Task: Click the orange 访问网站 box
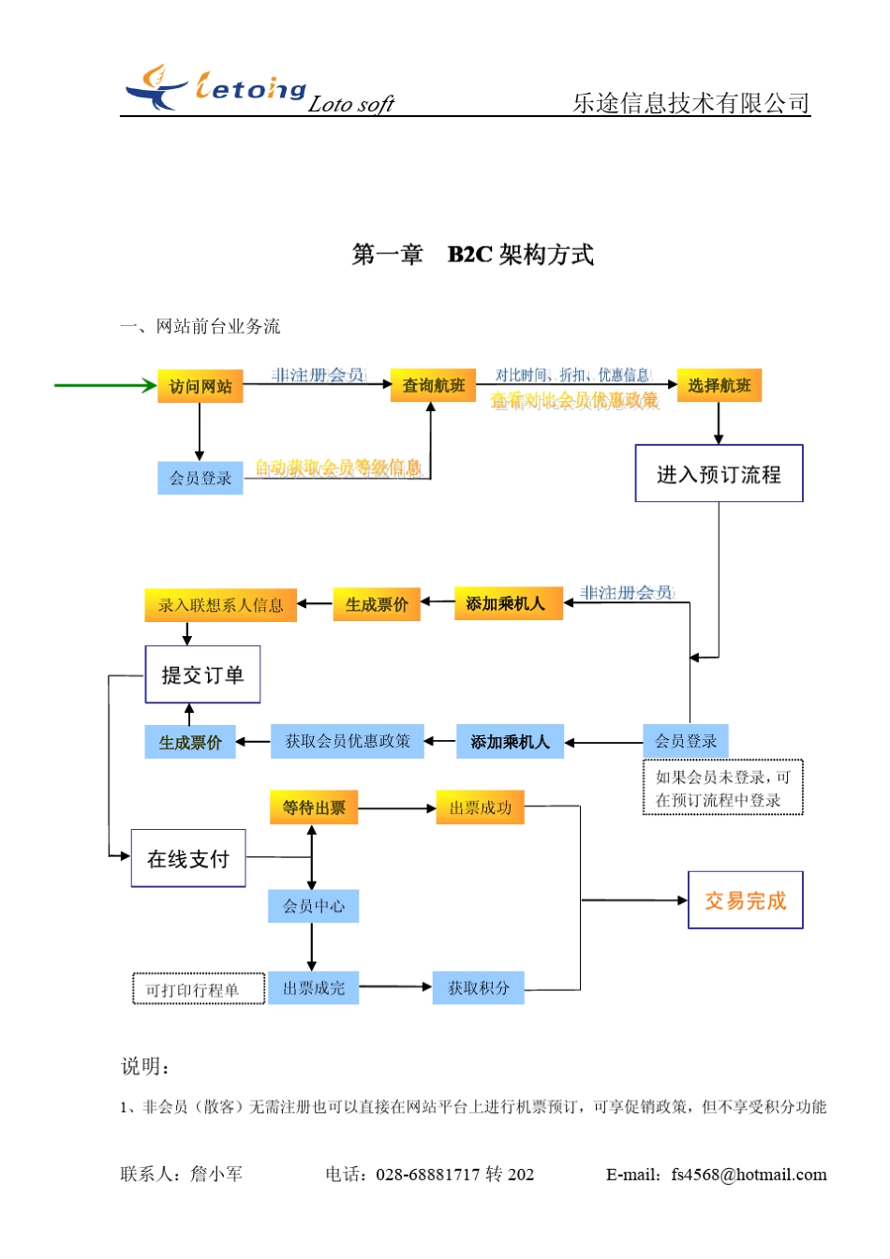click(x=200, y=386)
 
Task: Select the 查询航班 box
click(x=433, y=385)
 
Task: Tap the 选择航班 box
click(x=719, y=385)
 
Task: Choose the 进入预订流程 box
click(x=719, y=474)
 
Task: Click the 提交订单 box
click(x=202, y=674)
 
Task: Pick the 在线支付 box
click(x=188, y=858)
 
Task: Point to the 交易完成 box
click(x=745, y=900)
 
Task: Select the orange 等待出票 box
click(x=314, y=807)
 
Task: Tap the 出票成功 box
click(x=480, y=807)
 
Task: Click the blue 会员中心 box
click(x=313, y=906)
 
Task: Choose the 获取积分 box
click(x=478, y=987)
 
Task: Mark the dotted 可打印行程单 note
click(x=199, y=990)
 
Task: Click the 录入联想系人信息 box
click(x=220, y=605)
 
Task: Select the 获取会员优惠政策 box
click(x=347, y=741)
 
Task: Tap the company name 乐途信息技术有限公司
click(x=690, y=103)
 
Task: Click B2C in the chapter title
click(x=469, y=255)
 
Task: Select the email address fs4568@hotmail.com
click(x=749, y=1175)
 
